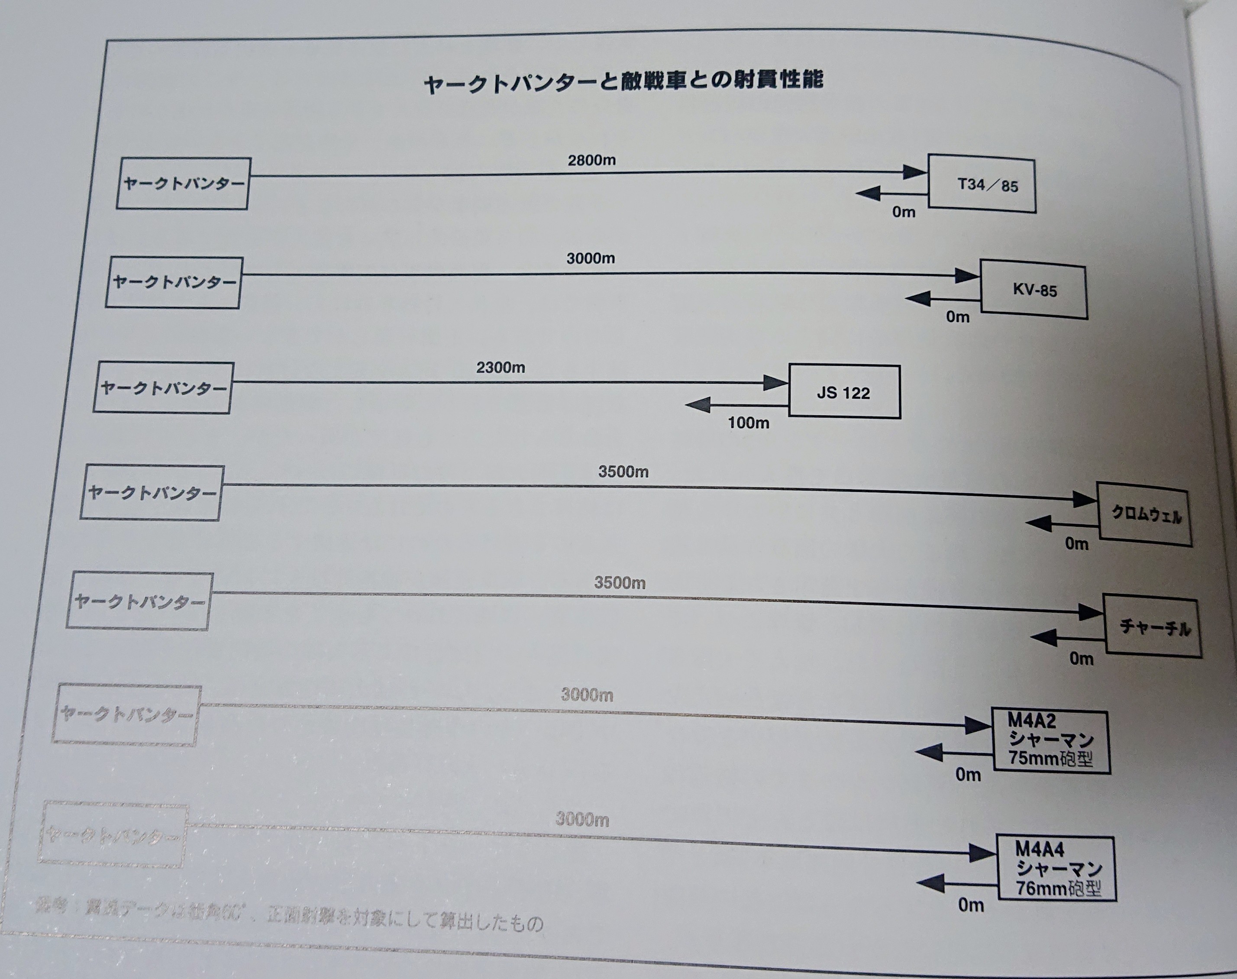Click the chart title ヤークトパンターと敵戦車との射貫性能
point(623,81)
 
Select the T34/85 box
point(982,184)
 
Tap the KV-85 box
point(1034,290)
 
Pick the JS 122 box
point(844,392)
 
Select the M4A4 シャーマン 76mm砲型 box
point(1056,869)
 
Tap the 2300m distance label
point(501,368)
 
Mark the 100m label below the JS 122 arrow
point(748,423)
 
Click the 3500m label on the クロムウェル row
point(623,472)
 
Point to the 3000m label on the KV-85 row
point(591,258)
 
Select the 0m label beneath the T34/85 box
point(903,212)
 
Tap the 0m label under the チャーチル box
point(1081,659)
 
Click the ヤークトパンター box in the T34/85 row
point(184,184)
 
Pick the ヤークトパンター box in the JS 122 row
point(163,388)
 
